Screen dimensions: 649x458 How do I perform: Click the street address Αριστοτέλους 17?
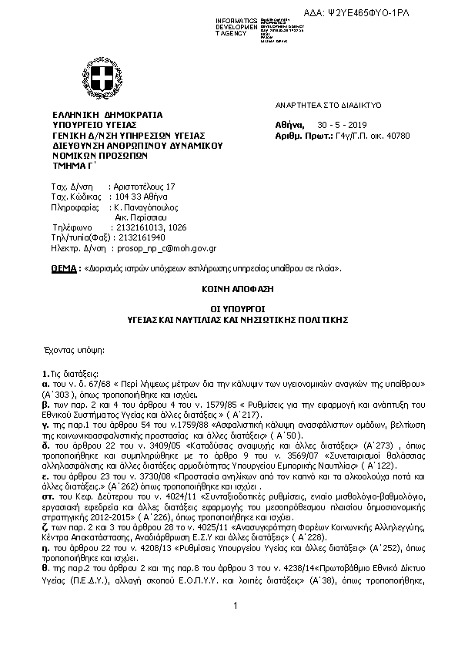click(143, 187)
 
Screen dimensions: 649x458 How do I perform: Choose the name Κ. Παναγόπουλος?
click(145, 207)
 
